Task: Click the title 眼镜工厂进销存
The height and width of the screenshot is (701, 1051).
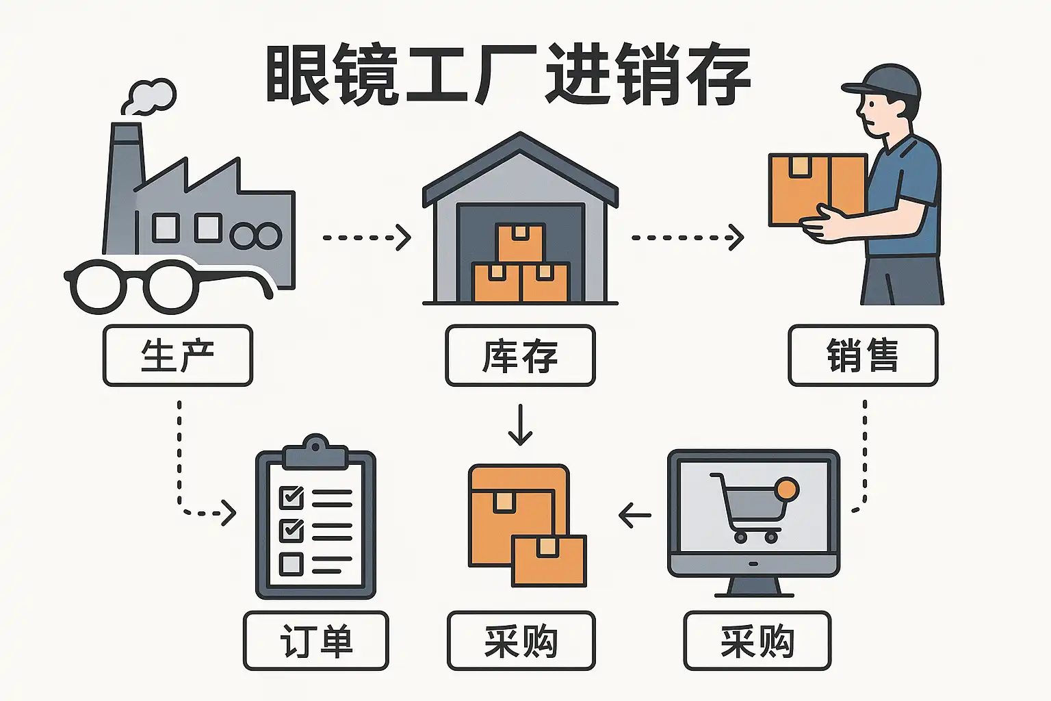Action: (508, 75)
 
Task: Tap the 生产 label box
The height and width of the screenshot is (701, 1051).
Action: (178, 355)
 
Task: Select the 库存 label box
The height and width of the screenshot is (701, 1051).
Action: (520, 355)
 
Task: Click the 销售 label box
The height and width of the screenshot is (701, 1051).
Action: (862, 355)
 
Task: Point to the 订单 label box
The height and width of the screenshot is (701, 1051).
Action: (315, 641)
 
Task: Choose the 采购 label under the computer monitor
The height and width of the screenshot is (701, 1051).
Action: (757, 641)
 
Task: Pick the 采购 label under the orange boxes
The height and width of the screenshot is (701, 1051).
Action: (521, 641)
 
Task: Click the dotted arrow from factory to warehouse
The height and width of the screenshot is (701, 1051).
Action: (367, 238)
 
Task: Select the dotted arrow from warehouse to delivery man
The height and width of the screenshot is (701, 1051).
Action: (687, 238)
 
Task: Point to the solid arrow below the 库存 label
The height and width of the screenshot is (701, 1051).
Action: (521, 424)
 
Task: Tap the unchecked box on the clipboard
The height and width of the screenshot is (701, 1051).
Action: (291, 564)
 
